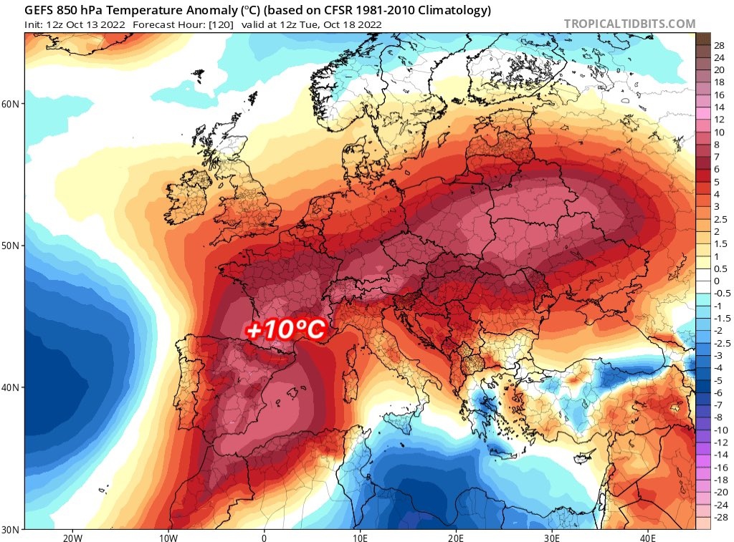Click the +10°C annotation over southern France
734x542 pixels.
285,331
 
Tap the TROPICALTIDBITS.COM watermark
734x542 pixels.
629,24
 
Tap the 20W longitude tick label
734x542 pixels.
72,537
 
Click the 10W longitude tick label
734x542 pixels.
168,537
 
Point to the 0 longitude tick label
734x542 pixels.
264,537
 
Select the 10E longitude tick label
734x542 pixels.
360,537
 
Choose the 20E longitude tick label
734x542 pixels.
456,537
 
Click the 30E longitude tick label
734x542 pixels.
551,537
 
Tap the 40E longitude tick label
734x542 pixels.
647,537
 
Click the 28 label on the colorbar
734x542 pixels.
719,44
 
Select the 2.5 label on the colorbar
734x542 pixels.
721,220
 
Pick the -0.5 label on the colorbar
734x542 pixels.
723,293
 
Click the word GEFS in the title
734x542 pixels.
41,10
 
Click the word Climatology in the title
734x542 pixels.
448,10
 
